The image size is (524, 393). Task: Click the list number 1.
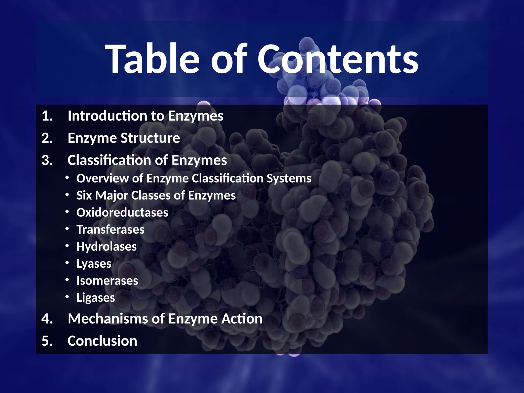click(47, 116)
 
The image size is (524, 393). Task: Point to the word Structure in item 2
click(150, 138)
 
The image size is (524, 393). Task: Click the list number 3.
click(47, 160)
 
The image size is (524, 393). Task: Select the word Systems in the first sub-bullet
click(289, 178)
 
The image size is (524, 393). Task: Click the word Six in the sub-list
click(84, 195)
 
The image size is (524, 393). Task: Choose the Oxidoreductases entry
click(122, 213)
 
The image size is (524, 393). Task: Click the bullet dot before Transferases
click(67, 229)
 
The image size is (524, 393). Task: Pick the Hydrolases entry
click(106, 247)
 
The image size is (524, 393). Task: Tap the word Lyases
click(94, 264)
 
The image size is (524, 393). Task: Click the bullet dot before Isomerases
click(67, 280)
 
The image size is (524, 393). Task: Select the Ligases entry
click(96, 298)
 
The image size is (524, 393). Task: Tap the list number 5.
click(47, 341)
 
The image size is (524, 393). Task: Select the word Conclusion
click(102, 341)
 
